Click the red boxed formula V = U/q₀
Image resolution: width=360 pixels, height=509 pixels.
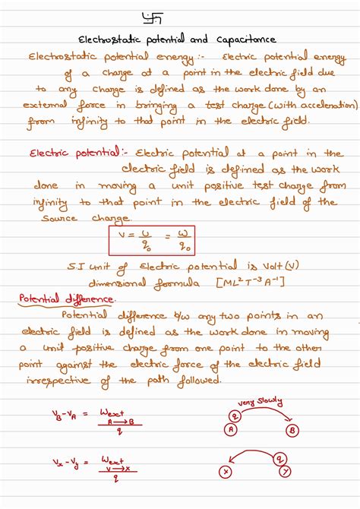coord(152,240)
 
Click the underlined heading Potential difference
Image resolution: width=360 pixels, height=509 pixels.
coord(67,299)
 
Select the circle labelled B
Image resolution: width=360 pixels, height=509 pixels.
coord(292,431)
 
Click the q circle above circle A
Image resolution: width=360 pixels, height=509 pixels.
coord(236,415)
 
